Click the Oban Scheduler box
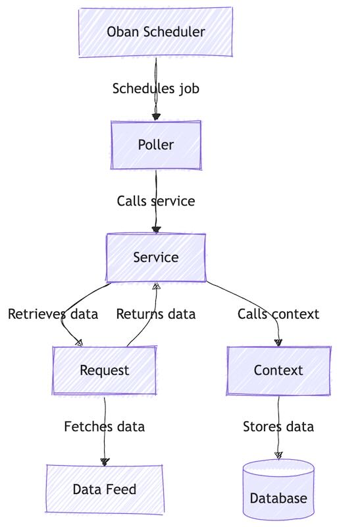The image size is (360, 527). [156, 32]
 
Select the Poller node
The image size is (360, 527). [156, 145]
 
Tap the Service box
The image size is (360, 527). [156, 258]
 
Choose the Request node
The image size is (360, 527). [105, 370]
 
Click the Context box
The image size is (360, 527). [278, 370]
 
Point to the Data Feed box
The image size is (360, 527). [105, 489]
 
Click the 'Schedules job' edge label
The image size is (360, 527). [156, 88]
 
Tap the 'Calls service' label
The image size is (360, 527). [156, 201]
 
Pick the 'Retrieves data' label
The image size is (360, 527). [53, 314]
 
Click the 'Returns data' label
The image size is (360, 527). [156, 314]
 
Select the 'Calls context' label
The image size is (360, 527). [278, 314]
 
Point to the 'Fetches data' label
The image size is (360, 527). [105, 427]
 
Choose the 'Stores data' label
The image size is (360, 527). [278, 427]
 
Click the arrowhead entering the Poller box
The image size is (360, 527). [156, 117]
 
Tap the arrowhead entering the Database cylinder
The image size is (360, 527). [278, 455]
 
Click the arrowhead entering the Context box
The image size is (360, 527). [278, 343]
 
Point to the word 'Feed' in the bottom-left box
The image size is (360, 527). [122, 489]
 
